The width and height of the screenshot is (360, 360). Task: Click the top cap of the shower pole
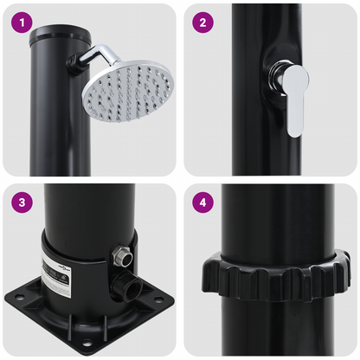tap(48, 38)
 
